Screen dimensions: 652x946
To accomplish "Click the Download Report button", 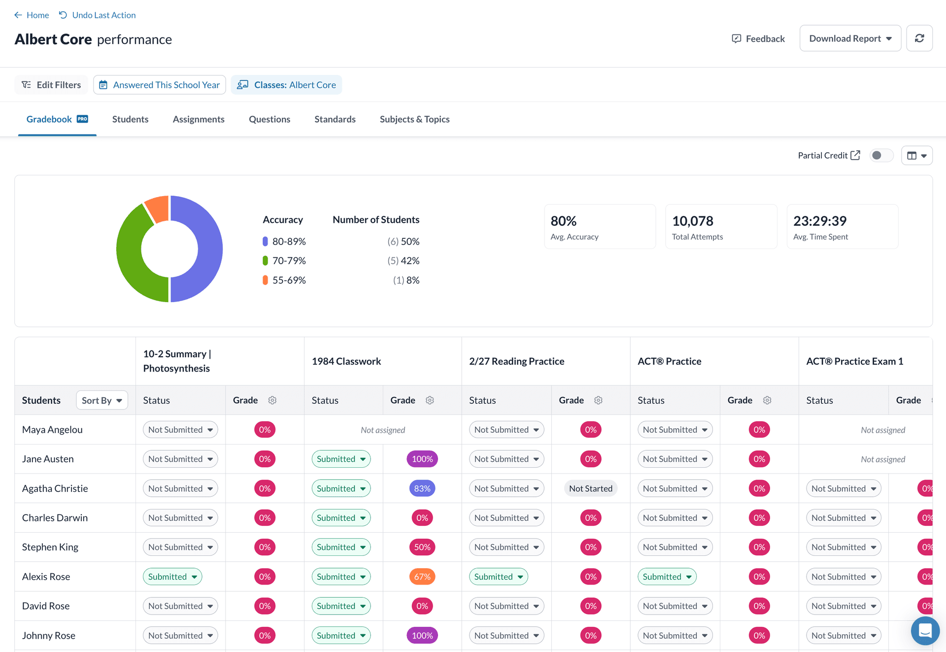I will coord(850,38).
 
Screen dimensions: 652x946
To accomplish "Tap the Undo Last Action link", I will coord(97,15).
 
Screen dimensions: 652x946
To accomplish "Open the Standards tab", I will coord(335,119).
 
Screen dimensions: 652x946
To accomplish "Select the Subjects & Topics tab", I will coord(414,119).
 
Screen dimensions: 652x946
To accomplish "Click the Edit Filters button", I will coord(51,85).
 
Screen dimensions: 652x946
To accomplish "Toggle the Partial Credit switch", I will coord(880,155).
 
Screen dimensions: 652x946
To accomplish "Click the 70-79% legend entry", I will coord(289,261).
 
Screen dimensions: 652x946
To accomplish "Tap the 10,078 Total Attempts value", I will coord(692,221).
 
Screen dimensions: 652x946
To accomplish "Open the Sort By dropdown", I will coord(102,400).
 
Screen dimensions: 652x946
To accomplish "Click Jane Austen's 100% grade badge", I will coord(422,459).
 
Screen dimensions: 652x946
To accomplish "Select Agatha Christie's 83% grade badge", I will coord(422,488).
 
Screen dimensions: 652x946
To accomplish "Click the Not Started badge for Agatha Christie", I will coord(590,488).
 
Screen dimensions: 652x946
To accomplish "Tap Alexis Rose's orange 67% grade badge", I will coord(422,577).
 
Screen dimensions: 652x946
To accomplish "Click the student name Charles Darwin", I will coord(55,517).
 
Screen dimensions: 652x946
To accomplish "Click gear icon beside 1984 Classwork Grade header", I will coord(430,400).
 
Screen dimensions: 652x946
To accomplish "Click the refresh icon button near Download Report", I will coord(919,38).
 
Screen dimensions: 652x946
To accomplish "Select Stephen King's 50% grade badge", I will coord(422,547).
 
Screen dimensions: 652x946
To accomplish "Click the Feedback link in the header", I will coord(758,38).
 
